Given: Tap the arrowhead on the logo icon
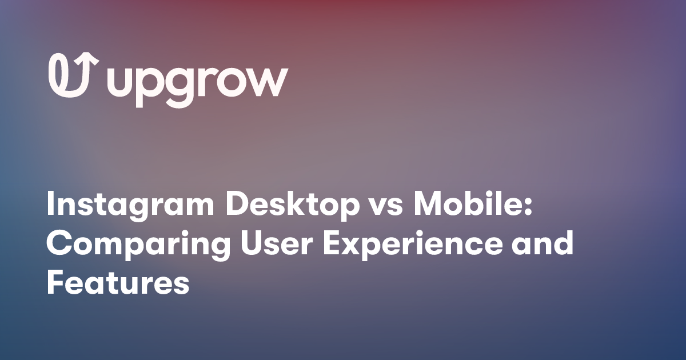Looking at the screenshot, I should (x=90, y=59).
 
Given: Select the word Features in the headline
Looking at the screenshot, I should (x=118, y=283).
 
